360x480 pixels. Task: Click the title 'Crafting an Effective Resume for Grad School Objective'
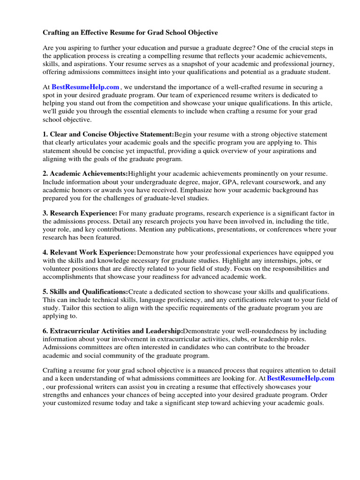pyautogui.click(x=130, y=33)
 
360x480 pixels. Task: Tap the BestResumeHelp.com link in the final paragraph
pyautogui.click(x=300, y=378)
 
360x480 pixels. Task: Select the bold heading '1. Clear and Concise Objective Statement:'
pyautogui.click(x=108, y=135)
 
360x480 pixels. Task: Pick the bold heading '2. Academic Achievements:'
pyautogui.click(x=85, y=173)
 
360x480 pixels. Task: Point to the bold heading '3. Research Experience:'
pyautogui.click(x=80, y=213)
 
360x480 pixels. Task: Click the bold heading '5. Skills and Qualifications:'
pyautogui.click(x=85, y=292)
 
